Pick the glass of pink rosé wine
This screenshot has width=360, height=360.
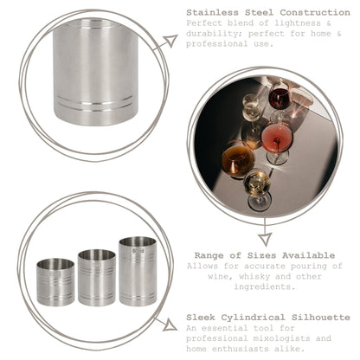tap(278, 138)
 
